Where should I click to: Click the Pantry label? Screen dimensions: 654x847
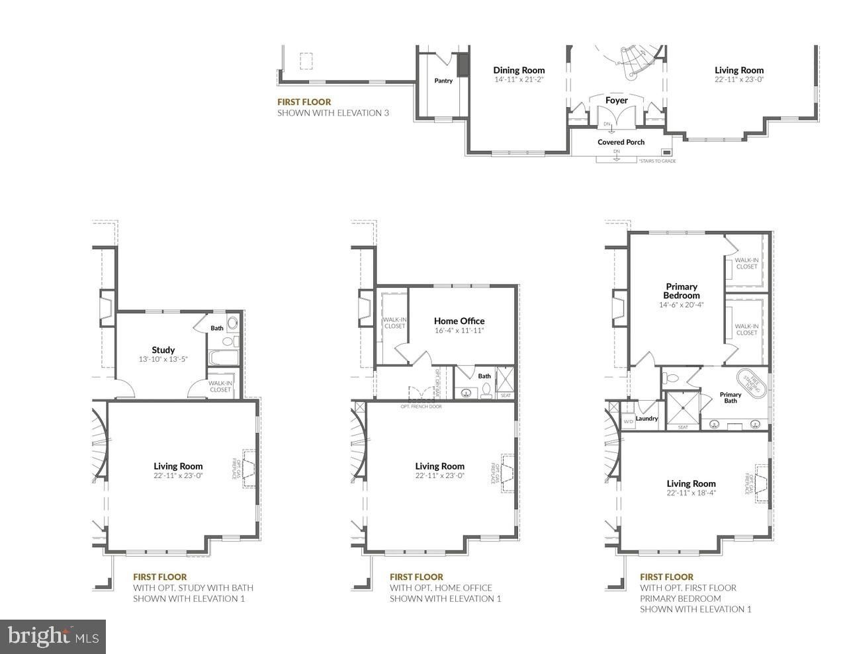(x=443, y=81)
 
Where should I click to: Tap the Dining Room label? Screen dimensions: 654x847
(x=519, y=70)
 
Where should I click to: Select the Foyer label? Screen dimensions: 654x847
(x=616, y=101)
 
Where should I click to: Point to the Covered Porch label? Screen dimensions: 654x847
(x=621, y=142)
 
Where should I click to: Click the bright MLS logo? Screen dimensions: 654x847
(x=53, y=636)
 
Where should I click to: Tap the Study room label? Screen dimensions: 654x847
(x=163, y=350)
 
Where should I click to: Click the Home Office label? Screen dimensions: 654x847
(x=459, y=321)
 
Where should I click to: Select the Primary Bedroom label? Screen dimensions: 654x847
(x=682, y=291)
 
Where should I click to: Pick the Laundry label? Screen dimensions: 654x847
(x=646, y=419)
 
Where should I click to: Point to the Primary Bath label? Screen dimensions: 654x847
(x=730, y=397)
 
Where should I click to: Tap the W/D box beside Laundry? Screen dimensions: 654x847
(x=628, y=421)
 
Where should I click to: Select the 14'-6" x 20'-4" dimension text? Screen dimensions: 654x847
(x=682, y=305)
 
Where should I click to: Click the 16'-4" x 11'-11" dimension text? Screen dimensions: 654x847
(x=459, y=331)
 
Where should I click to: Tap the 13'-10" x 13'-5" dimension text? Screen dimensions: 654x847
(x=163, y=360)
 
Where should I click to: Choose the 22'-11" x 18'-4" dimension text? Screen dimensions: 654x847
(x=691, y=493)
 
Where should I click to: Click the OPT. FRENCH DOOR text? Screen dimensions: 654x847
(x=421, y=406)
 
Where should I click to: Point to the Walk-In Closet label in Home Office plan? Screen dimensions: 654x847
(x=394, y=323)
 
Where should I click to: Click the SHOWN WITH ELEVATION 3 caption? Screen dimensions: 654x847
(x=333, y=113)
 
